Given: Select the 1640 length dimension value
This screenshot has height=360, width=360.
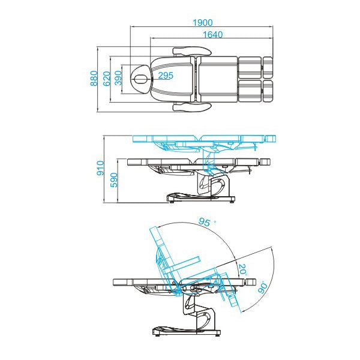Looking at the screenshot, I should coord(212,34).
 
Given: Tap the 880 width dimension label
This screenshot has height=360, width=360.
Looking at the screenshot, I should coord(94,78).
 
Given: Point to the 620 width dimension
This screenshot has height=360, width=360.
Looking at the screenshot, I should coord(107,78).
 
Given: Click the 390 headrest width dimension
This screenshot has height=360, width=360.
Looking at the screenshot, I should coord(118,78).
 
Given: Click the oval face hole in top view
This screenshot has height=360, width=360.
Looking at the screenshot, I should coord(142,78).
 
